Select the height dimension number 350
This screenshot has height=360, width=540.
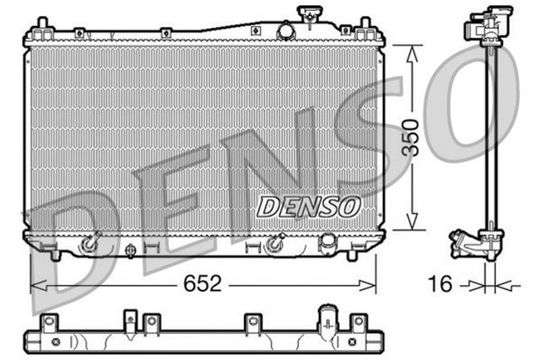tap(411, 138)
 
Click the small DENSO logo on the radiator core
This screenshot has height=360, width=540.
tap(309, 205)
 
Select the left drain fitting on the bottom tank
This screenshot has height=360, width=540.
tap(90, 244)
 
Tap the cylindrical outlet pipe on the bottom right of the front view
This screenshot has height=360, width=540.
tap(327, 242)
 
